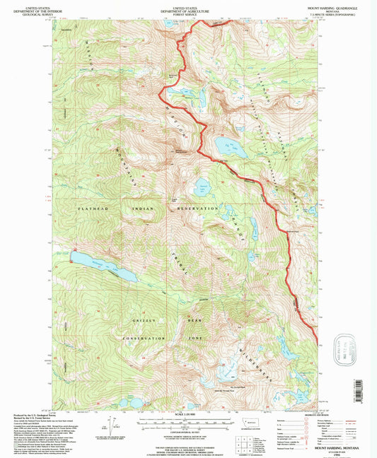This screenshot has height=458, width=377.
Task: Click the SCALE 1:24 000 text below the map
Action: [x=187, y=413]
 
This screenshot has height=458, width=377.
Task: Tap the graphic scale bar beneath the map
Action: [x=187, y=423]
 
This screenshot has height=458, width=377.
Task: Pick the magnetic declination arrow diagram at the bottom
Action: [x=106, y=428]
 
